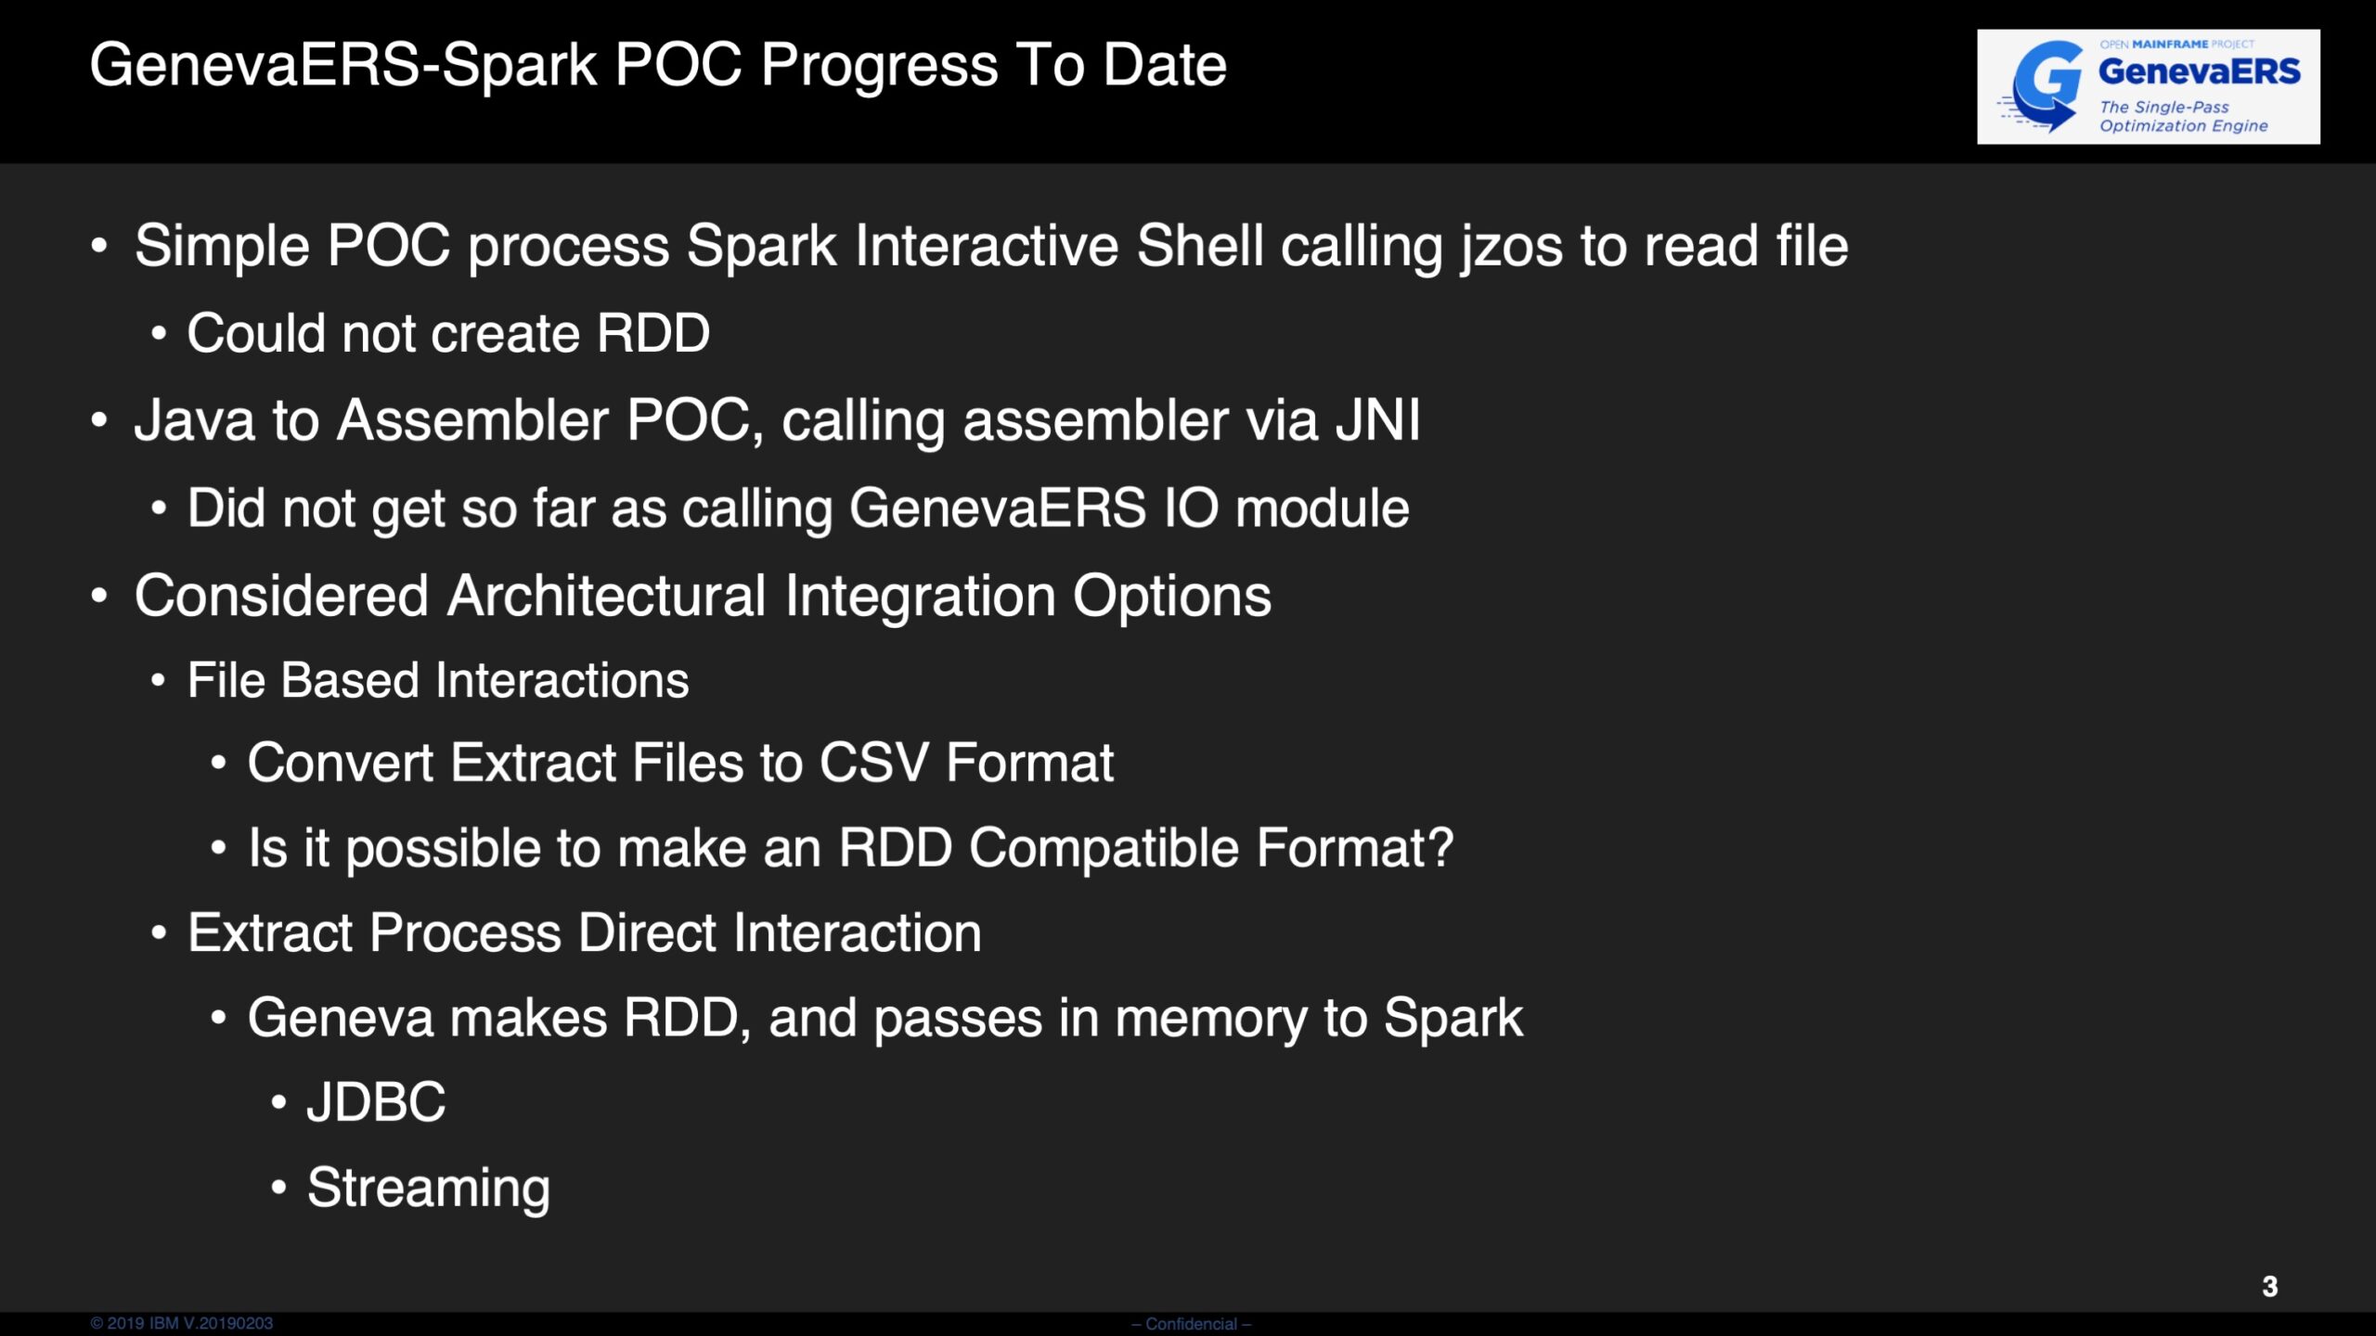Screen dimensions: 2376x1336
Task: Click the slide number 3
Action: point(2269,1286)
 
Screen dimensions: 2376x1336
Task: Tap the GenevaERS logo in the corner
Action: point(2148,86)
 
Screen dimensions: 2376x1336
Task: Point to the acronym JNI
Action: point(1378,420)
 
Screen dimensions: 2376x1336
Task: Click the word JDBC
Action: point(376,1102)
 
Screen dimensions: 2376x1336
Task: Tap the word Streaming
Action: point(429,1189)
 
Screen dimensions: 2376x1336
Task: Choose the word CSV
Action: point(873,763)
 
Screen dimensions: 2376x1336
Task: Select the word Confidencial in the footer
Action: point(1192,1324)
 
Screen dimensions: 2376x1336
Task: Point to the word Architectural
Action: point(606,596)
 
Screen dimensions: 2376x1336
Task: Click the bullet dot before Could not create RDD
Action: point(159,334)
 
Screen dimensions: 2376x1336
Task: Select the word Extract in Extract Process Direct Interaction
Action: point(271,932)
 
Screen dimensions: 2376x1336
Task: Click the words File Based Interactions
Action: point(438,680)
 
